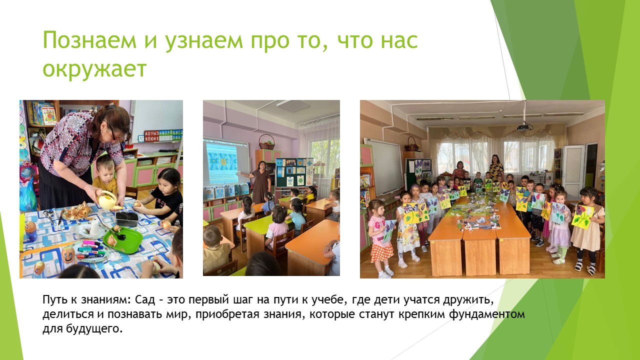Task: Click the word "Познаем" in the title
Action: click(89, 40)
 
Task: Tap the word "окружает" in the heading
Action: click(94, 69)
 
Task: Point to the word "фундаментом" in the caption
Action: click(486, 314)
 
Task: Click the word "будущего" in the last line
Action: click(94, 329)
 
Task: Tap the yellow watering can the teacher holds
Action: click(108, 199)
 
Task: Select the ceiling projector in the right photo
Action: click(524, 127)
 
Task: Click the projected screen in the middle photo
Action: click(225, 162)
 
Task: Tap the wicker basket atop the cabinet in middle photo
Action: click(266, 143)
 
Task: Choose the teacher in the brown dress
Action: click(260, 182)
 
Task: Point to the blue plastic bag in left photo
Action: click(27, 195)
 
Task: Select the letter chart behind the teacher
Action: click(160, 136)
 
